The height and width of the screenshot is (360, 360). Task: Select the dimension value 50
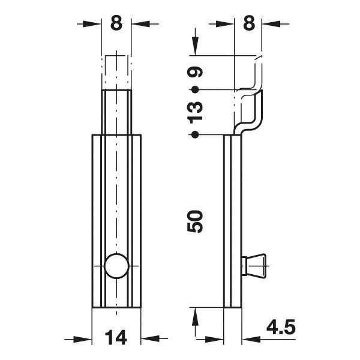pyautogui.click(x=196, y=221)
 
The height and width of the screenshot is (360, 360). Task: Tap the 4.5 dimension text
pyautogui.click(x=281, y=328)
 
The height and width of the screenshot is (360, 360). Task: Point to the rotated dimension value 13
pyautogui.click(x=196, y=112)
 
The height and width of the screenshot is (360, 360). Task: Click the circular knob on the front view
pyautogui.click(x=116, y=266)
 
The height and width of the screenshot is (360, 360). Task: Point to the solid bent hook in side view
pyautogui.click(x=250, y=114)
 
